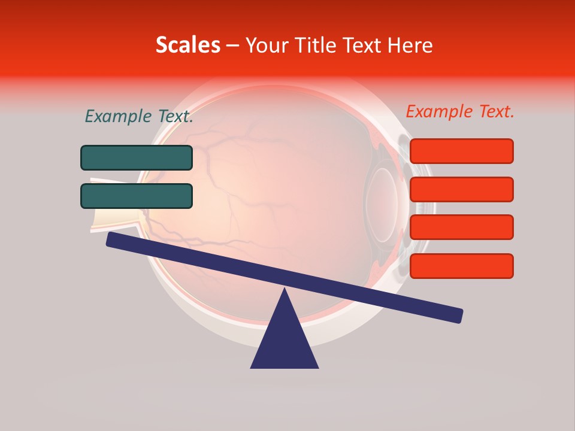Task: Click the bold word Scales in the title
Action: tap(187, 45)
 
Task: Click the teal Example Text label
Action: tap(139, 117)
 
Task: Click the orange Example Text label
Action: tap(460, 111)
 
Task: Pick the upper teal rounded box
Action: tap(137, 157)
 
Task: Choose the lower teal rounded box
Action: tap(137, 196)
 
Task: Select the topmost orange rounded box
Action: tap(461, 151)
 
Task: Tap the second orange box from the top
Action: tap(461, 189)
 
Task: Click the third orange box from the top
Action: tap(461, 227)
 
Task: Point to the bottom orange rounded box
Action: tap(461, 266)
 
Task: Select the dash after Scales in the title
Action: tap(232, 45)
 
